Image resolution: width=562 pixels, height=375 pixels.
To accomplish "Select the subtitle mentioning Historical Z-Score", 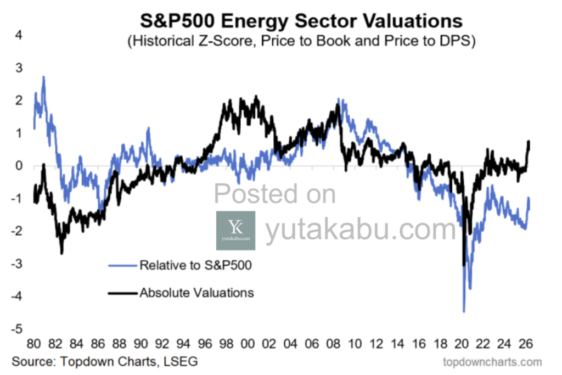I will (301, 42).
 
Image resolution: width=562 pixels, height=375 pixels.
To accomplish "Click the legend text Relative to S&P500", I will (196, 266).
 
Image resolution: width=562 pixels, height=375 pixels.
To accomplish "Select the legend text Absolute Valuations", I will (196, 293).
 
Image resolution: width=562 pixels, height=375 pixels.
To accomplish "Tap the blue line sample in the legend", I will (123, 266).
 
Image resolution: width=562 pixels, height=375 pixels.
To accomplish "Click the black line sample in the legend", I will (123, 293).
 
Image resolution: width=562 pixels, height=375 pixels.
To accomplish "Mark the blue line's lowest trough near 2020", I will (464, 311).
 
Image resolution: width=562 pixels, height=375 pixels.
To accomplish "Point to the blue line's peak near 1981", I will (43, 77).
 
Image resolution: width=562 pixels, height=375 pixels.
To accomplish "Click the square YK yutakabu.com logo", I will (235, 231).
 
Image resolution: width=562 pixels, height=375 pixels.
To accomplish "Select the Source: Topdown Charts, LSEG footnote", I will (105, 362).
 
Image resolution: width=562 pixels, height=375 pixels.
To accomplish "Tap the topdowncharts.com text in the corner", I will (492, 362).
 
